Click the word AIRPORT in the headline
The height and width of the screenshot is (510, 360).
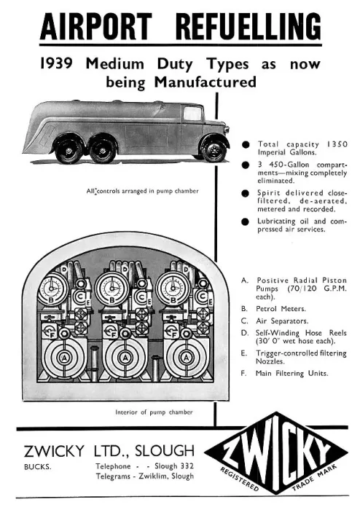[x=96, y=26]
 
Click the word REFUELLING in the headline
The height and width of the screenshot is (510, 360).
[x=249, y=26]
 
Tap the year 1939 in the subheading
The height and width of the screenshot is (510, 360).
[x=56, y=63]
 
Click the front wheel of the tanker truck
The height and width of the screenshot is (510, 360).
[x=214, y=150]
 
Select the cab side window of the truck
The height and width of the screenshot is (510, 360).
[x=192, y=113]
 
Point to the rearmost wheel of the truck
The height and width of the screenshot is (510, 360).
[x=69, y=150]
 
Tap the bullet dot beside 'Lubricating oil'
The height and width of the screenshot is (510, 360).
[x=246, y=221]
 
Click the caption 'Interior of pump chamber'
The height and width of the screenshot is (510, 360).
[x=154, y=412]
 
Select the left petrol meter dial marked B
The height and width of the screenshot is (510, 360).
[x=52, y=289]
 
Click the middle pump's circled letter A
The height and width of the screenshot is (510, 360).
[x=125, y=358]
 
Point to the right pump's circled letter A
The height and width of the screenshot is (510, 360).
[x=186, y=358]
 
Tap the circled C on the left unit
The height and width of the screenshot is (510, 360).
[x=79, y=297]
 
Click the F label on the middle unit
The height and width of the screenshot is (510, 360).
[x=114, y=334]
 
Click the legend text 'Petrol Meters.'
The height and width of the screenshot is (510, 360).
[x=281, y=309]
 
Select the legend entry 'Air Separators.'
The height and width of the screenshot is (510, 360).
[x=282, y=321]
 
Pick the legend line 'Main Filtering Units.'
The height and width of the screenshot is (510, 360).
[x=291, y=373]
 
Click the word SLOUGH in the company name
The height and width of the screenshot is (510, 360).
[x=165, y=451]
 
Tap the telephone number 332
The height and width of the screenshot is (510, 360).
[x=187, y=466]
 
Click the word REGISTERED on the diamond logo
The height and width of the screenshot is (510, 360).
[x=240, y=479]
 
